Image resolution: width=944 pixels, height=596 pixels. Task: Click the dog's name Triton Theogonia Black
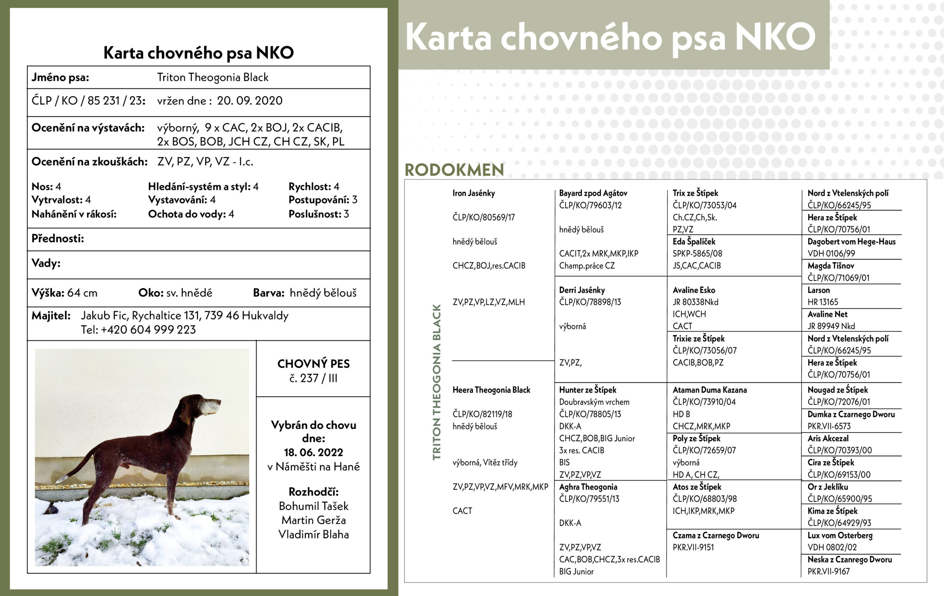click(x=212, y=77)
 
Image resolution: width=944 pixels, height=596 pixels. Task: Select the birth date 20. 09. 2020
click(x=249, y=101)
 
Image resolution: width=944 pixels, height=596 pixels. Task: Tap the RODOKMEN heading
click(x=454, y=170)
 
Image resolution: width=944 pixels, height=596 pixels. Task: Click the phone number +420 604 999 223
click(x=148, y=330)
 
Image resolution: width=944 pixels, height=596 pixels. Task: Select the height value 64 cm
click(x=82, y=293)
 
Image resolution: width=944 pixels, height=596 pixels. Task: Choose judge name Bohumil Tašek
click(x=313, y=506)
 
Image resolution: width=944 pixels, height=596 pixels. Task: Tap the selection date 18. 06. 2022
click(x=313, y=452)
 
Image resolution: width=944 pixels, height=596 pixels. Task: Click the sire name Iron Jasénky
click(x=473, y=193)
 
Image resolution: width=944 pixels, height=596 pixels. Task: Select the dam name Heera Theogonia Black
click(x=491, y=390)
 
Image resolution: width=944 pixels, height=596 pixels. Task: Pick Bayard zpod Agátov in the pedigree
click(x=593, y=193)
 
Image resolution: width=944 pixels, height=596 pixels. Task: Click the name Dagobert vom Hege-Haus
click(x=851, y=241)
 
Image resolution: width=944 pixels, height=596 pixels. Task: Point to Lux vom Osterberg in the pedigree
click(x=840, y=535)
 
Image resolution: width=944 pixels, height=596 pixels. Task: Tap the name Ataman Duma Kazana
click(x=709, y=390)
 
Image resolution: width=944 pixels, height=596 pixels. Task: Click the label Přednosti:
click(x=58, y=238)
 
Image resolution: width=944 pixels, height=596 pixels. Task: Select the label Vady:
click(x=46, y=263)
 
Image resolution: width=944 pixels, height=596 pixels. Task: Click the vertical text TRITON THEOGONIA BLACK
click(x=436, y=382)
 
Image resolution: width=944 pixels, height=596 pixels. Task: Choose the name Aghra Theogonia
click(x=588, y=487)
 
